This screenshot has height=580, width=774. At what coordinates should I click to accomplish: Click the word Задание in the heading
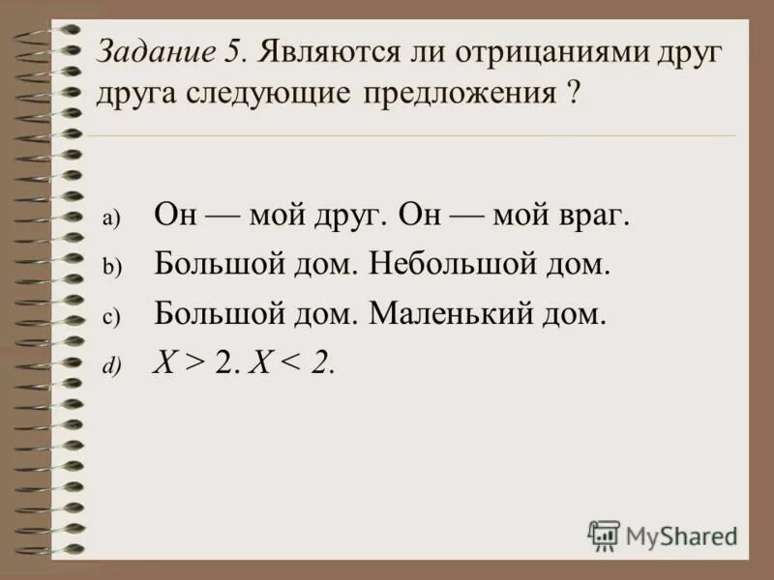coord(153,54)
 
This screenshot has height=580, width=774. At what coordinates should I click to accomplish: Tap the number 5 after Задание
coord(237,53)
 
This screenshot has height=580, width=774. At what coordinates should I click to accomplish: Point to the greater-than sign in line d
coord(196,364)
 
